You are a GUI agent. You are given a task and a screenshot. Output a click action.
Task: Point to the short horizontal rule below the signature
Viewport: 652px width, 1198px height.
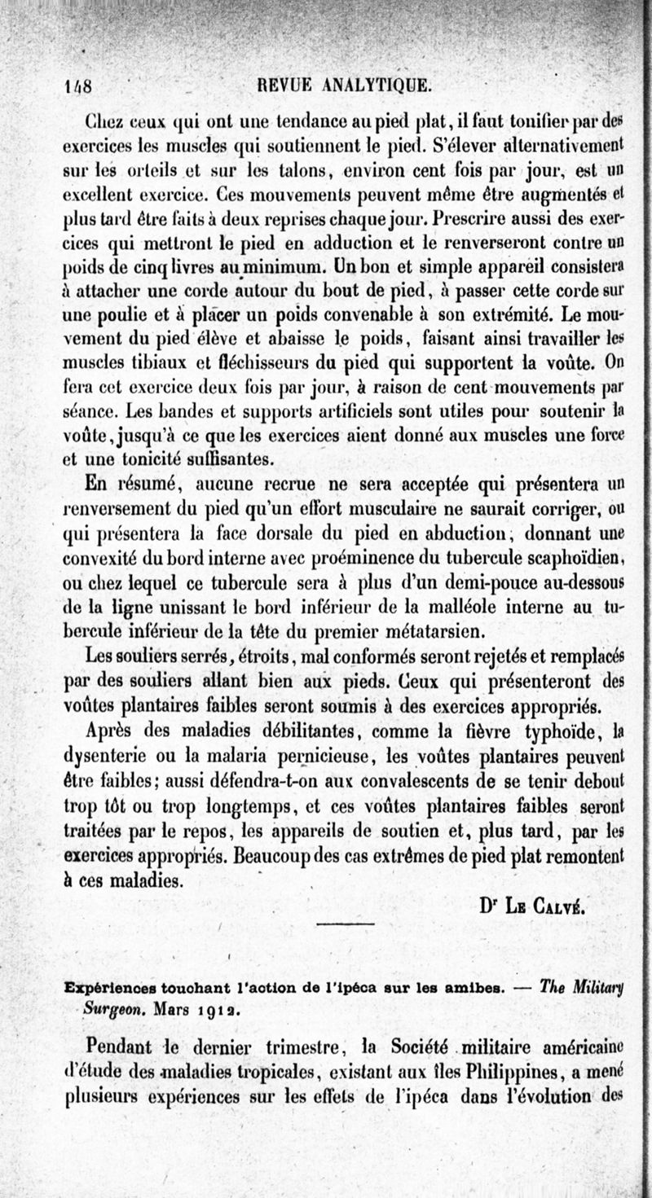pos(344,923)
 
